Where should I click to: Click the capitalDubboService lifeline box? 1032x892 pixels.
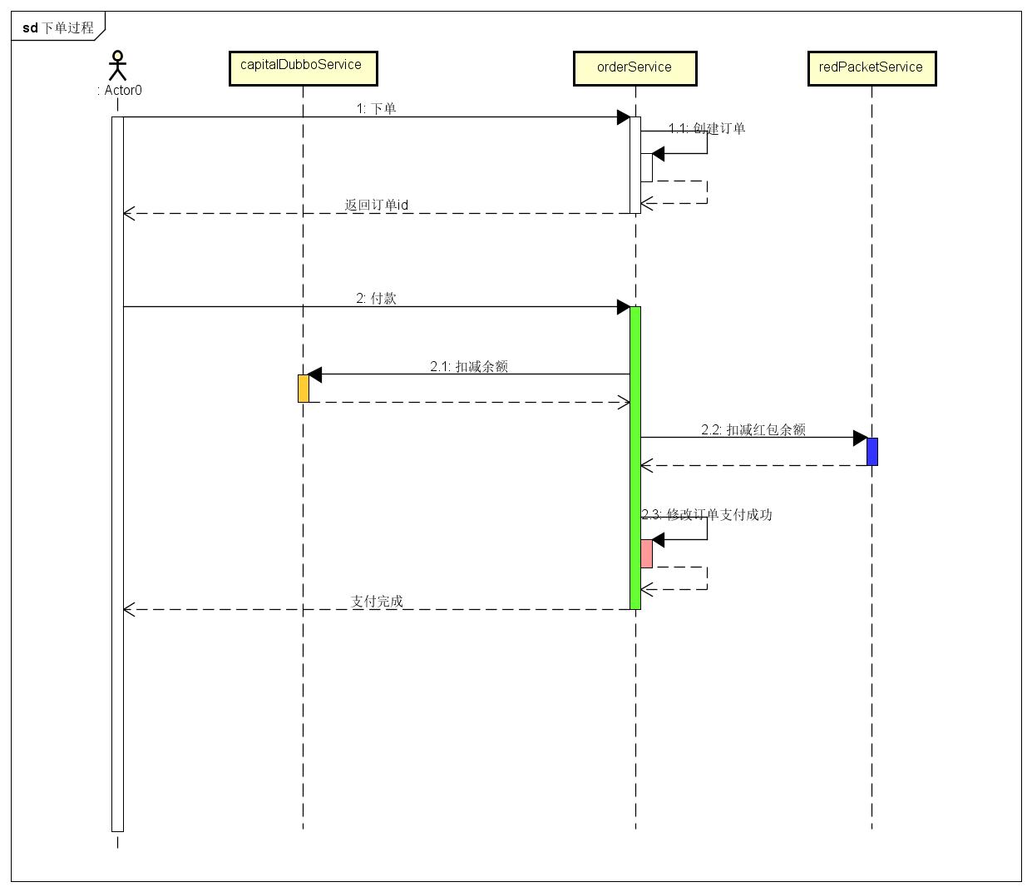(303, 67)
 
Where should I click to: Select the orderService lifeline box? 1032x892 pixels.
(635, 68)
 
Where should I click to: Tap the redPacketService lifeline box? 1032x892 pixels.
(871, 68)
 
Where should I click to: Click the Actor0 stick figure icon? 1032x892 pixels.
(118, 66)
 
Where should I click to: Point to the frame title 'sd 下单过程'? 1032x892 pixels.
(58, 27)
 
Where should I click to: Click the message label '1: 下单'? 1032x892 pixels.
(376, 108)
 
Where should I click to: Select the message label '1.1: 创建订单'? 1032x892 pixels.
(707, 128)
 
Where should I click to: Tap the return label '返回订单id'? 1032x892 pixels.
(376, 205)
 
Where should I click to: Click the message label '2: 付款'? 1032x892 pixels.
(376, 298)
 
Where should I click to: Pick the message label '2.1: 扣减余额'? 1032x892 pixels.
(469, 366)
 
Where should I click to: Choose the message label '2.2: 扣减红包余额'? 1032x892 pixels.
(753, 429)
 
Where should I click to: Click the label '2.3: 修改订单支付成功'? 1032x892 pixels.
(707, 514)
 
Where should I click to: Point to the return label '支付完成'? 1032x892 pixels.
(376, 601)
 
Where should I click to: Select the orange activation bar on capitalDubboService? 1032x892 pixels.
(304, 389)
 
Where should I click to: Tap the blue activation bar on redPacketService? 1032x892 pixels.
(872, 451)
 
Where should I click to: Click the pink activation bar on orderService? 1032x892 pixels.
(646, 553)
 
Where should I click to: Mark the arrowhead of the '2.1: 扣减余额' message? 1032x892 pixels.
(314, 375)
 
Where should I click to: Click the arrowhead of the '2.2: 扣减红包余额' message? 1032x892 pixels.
(861, 438)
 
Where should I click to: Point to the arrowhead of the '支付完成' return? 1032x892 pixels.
(128, 610)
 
